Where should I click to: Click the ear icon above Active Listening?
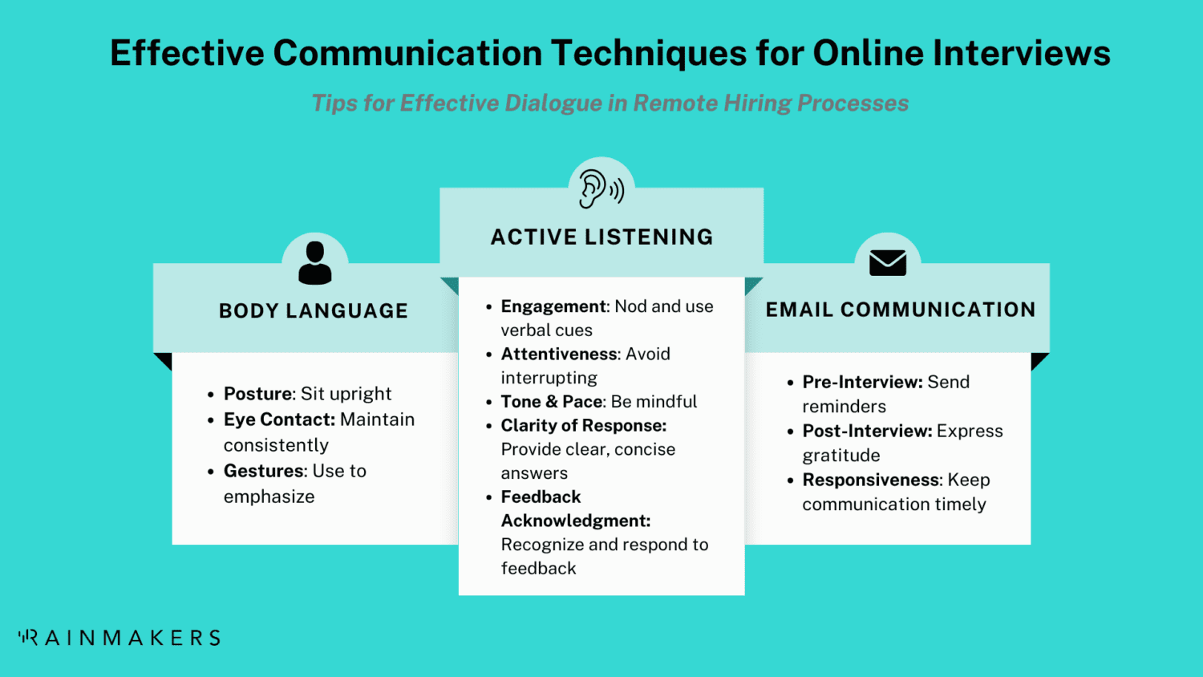pos(601,189)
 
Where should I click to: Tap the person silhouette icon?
pos(314,263)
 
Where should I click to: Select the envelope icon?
pos(888,262)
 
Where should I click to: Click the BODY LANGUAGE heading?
pos(314,311)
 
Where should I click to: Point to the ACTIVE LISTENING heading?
pos(601,237)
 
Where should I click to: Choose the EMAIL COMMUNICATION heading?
pos(901,310)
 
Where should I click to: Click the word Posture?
pos(257,394)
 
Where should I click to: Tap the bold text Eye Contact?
pos(278,420)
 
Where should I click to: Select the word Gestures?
pos(265,471)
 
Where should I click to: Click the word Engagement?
pos(553,306)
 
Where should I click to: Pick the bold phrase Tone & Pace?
pos(551,401)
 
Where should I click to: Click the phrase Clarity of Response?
pos(583,425)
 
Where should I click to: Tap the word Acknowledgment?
pos(575,521)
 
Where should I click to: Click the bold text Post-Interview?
pos(867,431)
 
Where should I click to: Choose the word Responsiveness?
pos(871,480)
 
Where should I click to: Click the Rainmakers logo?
pos(119,638)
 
